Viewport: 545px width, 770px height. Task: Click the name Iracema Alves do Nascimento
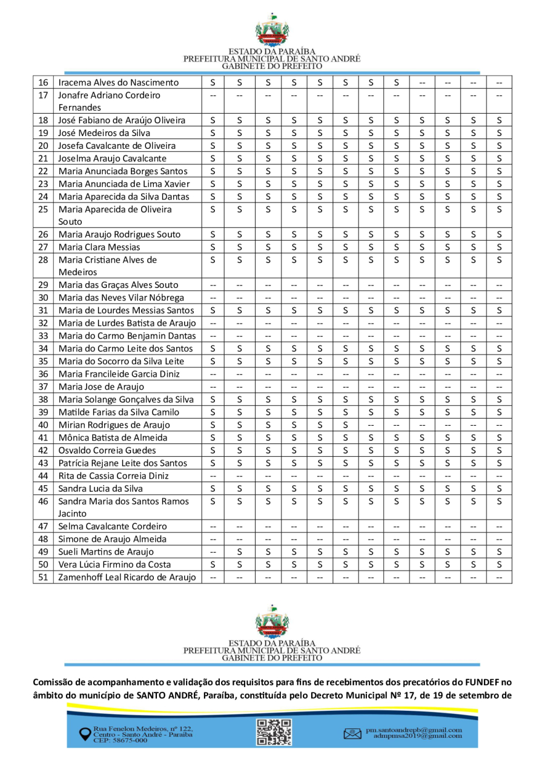pyautogui.click(x=118, y=82)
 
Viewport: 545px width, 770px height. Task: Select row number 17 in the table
pyautogui.click(x=43, y=95)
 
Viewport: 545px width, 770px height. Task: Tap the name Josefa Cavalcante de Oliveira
pyautogui.click(x=117, y=146)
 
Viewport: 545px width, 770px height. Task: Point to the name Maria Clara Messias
pyautogui.click(x=99, y=247)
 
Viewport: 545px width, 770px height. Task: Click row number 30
pyautogui.click(x=43, y=297)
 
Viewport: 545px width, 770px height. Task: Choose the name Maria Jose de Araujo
pyautogui.click(x=101, y=387)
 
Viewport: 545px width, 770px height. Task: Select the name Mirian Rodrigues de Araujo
pyautogui.click(x=114, y=425)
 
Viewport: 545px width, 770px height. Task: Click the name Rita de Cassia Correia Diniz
pyautogui.click(x=115, y=475)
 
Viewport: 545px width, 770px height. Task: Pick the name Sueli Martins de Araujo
pyautogui.click(x=106, y=552)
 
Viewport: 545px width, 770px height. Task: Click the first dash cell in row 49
pyautogui.click(x=213, y=552)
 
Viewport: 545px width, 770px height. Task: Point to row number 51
pyautogui.click(x=43, y=577)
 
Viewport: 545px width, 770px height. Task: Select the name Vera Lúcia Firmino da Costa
pyautogui.click(x=114, y=564)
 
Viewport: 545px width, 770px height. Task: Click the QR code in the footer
pyautogui.click(x=274, y=731)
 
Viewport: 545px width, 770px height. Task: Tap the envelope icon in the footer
pyautogui.click(x=352, y=734)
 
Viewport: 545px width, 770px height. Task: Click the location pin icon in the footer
pyautogui.click(x=85, y=733)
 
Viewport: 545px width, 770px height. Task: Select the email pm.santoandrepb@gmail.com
pyautogui.click(x=414, y=730)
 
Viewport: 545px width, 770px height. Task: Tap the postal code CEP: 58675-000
pyautogui.click(x=121, y=740)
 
